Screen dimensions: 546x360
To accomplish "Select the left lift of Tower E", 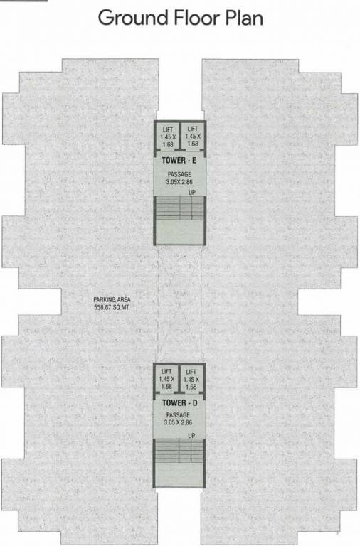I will tap(168, 136).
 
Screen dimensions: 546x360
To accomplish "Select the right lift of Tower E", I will tap(192, 136).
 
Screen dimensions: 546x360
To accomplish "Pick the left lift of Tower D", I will tap(167, 379).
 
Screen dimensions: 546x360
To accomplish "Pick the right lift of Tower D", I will tap(191, 379).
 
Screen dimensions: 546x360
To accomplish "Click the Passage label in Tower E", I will tap(179, 174).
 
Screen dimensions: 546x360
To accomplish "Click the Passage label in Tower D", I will tap(179, 415).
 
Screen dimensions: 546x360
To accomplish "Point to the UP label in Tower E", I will tap(192, 193).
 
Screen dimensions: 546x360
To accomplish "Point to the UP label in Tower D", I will tap(192, 435).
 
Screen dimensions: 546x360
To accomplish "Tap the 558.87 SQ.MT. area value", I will tap(112, 307).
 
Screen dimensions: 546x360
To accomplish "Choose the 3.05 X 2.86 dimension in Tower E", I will tap(179, 182).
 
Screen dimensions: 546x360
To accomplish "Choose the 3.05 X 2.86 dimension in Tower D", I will tap(179, 423).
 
